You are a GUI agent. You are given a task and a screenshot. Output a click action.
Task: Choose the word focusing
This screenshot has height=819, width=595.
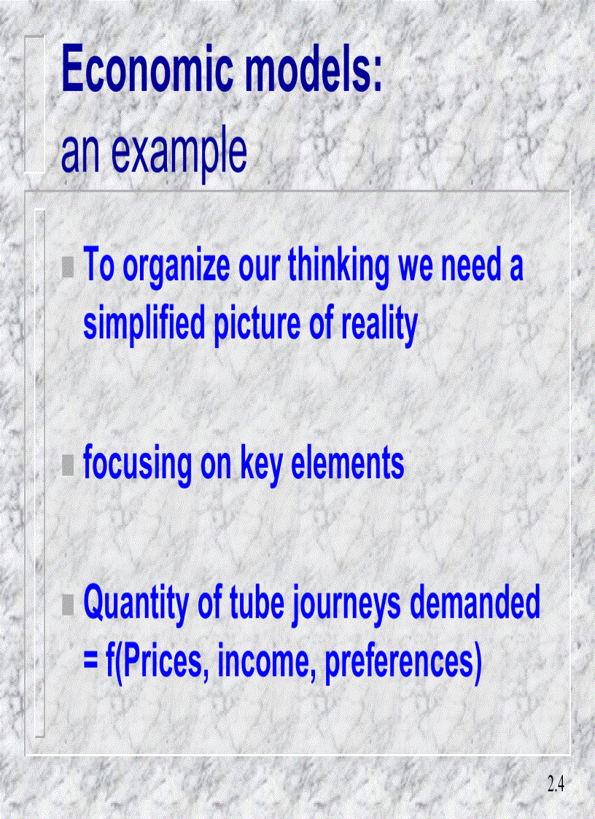click(136, 465)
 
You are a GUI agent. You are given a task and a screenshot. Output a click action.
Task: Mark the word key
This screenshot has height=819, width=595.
click(262, 465)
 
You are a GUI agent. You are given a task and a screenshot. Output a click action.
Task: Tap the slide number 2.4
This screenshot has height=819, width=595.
click(556, 785)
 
